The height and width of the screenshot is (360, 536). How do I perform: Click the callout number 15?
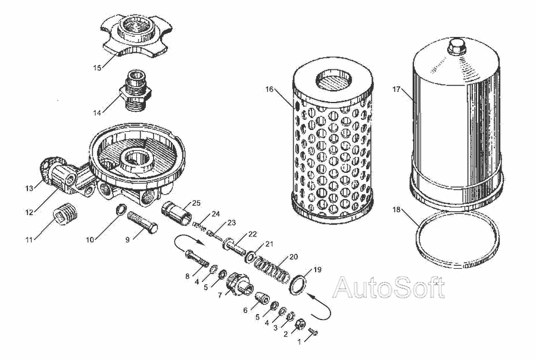click(98, 68)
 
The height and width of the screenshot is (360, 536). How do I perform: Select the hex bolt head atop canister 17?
click(457, 46)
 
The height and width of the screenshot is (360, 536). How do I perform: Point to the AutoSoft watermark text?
click(389, 287)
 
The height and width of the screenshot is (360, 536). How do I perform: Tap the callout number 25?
click(196, 203)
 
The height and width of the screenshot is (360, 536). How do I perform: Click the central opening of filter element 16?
click(334, 80)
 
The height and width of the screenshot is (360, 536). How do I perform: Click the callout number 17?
click(397, 89)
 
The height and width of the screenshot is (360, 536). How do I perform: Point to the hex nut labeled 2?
click(300, 323)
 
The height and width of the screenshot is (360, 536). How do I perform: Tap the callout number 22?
click(253, 234)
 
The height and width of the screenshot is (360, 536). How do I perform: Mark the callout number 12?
click(29, 213)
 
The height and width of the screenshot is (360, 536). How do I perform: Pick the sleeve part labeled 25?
click(176, 213)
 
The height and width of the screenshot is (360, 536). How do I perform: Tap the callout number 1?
click(300, 342)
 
